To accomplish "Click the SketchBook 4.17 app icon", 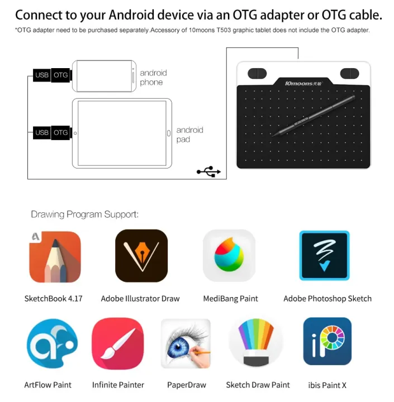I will point(55,256).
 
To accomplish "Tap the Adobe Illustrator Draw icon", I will point(141,256).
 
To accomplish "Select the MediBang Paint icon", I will point(229,256).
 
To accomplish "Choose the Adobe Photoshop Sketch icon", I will point(324,256).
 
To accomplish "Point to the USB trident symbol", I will point(208,172).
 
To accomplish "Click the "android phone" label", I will point(153,78).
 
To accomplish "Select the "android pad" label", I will point(189,134).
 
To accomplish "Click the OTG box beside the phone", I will point(60,75).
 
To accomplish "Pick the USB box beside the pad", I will point(42,133).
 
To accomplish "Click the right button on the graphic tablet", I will point(349,73).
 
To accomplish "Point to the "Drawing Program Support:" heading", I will point(85,214).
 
